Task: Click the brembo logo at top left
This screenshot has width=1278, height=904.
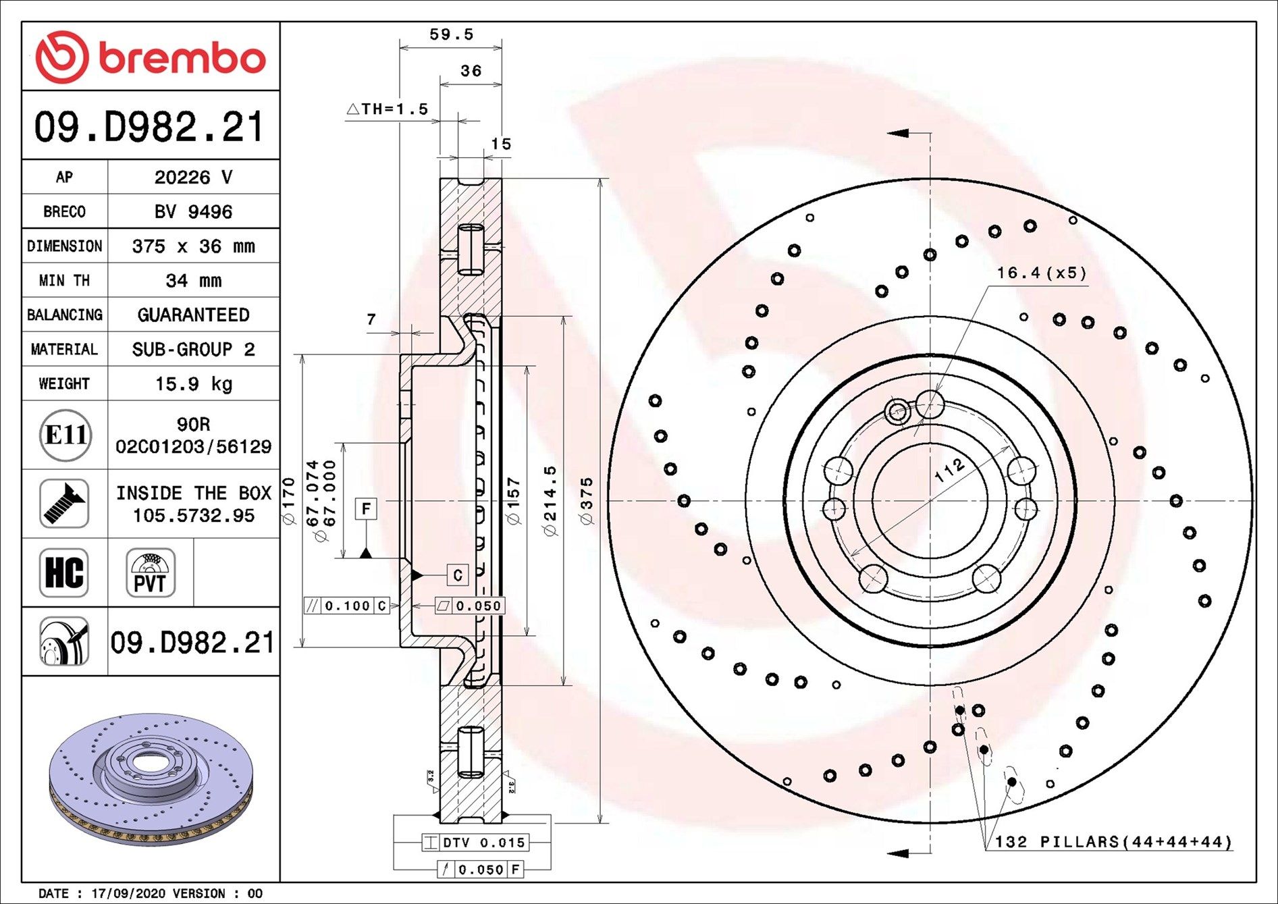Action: tap(150, 57)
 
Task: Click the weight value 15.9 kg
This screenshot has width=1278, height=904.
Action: tap(193, 384)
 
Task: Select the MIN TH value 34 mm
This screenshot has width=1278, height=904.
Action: tap(193, 281)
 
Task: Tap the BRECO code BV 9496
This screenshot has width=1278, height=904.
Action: tap(193, 212)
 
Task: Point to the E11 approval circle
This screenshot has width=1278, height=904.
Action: tap(65, 435)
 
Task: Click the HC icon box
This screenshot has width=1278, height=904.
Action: tap(64, 573)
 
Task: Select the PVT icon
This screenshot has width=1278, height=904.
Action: tap(150, 573)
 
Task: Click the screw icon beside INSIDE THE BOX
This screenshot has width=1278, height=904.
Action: tap(64, 504)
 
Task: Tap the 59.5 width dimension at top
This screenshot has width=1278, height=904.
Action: tap(451, 34)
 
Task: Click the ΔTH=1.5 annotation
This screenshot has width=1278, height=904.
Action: tap(388, 109)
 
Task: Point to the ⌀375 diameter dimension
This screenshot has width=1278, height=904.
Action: tap(587, 500)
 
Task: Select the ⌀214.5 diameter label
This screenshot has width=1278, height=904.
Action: tap(550, 500)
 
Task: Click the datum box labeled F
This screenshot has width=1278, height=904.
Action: tap(366, 508)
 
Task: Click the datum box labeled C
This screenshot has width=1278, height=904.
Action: tap(457, 575)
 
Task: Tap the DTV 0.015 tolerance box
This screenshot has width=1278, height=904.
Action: tap(475, 843)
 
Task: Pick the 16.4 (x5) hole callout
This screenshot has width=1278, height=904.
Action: tap(1041, 273)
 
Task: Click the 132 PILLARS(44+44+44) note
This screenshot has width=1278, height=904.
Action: tap(1113, 842)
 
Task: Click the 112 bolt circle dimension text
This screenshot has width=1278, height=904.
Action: tap(949, 470)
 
